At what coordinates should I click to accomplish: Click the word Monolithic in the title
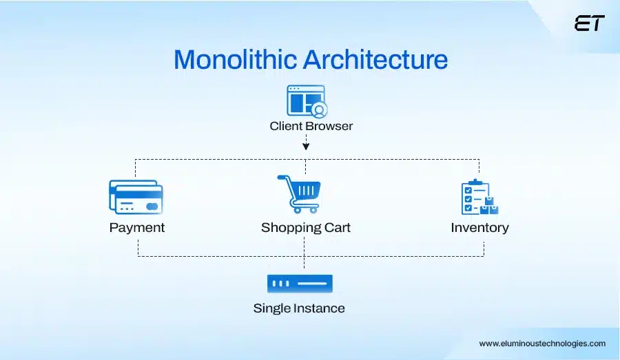[x=235, y=60]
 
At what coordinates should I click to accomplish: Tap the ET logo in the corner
[x=589, y=23]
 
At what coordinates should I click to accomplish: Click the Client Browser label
[x=311, y=126]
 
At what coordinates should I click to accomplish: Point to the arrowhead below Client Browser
[x=306, y=146]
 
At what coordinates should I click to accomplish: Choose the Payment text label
[x=136, y=227]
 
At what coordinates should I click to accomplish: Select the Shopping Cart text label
[x=305, y=227]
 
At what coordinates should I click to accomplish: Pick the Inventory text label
[x=479, y=227]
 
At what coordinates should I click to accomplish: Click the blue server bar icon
[x=300, y=283]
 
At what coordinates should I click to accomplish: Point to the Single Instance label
[x=299, y=308]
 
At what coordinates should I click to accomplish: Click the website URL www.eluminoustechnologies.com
[x=542, y=343]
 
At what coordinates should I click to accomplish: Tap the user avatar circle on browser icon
[x=319, y=109]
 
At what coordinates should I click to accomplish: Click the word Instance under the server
[x=319, y=308]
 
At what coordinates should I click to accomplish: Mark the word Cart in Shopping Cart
[x=337, y=227]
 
